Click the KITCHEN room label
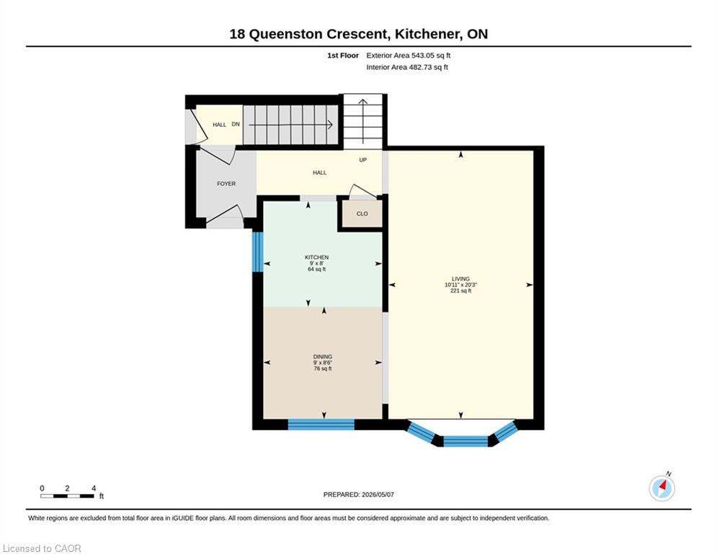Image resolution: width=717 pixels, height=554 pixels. click(x=316, y=258)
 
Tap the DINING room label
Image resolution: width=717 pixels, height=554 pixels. click(x=322, y=356)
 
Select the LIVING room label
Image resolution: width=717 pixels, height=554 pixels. click(x=460, y=279)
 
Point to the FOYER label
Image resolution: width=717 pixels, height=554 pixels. click(x=226, y=184)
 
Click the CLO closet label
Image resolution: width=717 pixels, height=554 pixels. click(x=362, y=214)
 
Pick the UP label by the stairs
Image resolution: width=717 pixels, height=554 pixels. click(x=362, y=160)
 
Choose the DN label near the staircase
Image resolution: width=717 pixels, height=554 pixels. click(x=236, y=124)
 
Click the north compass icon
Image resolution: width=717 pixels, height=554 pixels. click(x=662, y=488)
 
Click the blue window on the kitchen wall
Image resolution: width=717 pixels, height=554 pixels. click(x=258, y=252)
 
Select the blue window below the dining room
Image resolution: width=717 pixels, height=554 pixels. click(x=321, y=424)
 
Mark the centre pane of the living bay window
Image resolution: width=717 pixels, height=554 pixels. click(x=466, y=441)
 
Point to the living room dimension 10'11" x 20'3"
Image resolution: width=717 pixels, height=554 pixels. click(x=460, y=285)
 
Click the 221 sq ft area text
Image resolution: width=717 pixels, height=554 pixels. click(x=460, y=291)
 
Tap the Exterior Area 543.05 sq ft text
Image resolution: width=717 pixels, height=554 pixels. click(x=409, y=56)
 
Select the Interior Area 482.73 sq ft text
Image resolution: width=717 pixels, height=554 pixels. click(x=407, y=67)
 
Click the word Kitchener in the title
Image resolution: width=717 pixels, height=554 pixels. click(x=427, y=34)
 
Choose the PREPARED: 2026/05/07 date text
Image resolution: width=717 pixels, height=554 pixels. click(x=359, y=494)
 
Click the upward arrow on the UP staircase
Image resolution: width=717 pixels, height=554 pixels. click(x=363, y=121)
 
